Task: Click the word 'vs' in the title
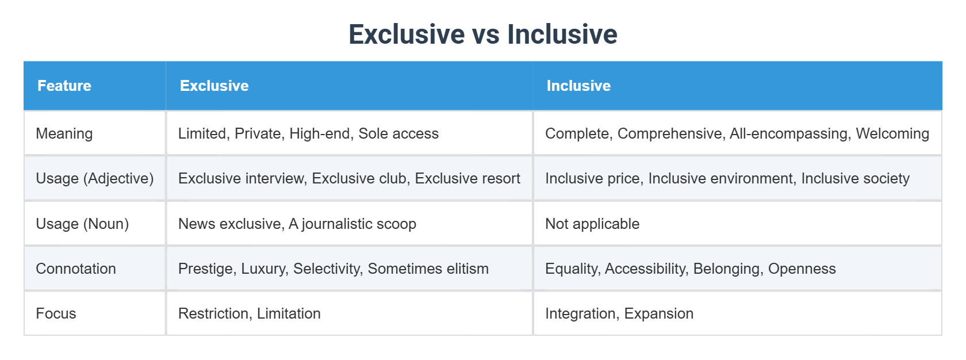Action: [483, 35]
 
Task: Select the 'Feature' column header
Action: [64, 86]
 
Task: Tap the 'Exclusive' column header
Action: [214, 86]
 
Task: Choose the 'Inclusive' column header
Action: [578, 86]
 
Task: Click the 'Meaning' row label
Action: [64, 133]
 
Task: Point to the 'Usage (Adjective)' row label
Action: [95, 178]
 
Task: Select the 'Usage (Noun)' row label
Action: [82, 224]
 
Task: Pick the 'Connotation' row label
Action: [76, 269]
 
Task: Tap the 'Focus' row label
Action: [56, 313]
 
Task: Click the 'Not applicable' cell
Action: [592, 224]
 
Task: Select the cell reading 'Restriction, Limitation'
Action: [250, 313]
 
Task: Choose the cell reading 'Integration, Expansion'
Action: [619, 313]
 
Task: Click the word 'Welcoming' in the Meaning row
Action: [892, 133]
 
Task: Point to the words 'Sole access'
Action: [398, 133]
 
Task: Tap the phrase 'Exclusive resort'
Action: [467, 178]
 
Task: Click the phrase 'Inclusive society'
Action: [855, 178]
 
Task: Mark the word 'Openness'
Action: [802, 269]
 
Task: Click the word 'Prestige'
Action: [205, 269]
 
